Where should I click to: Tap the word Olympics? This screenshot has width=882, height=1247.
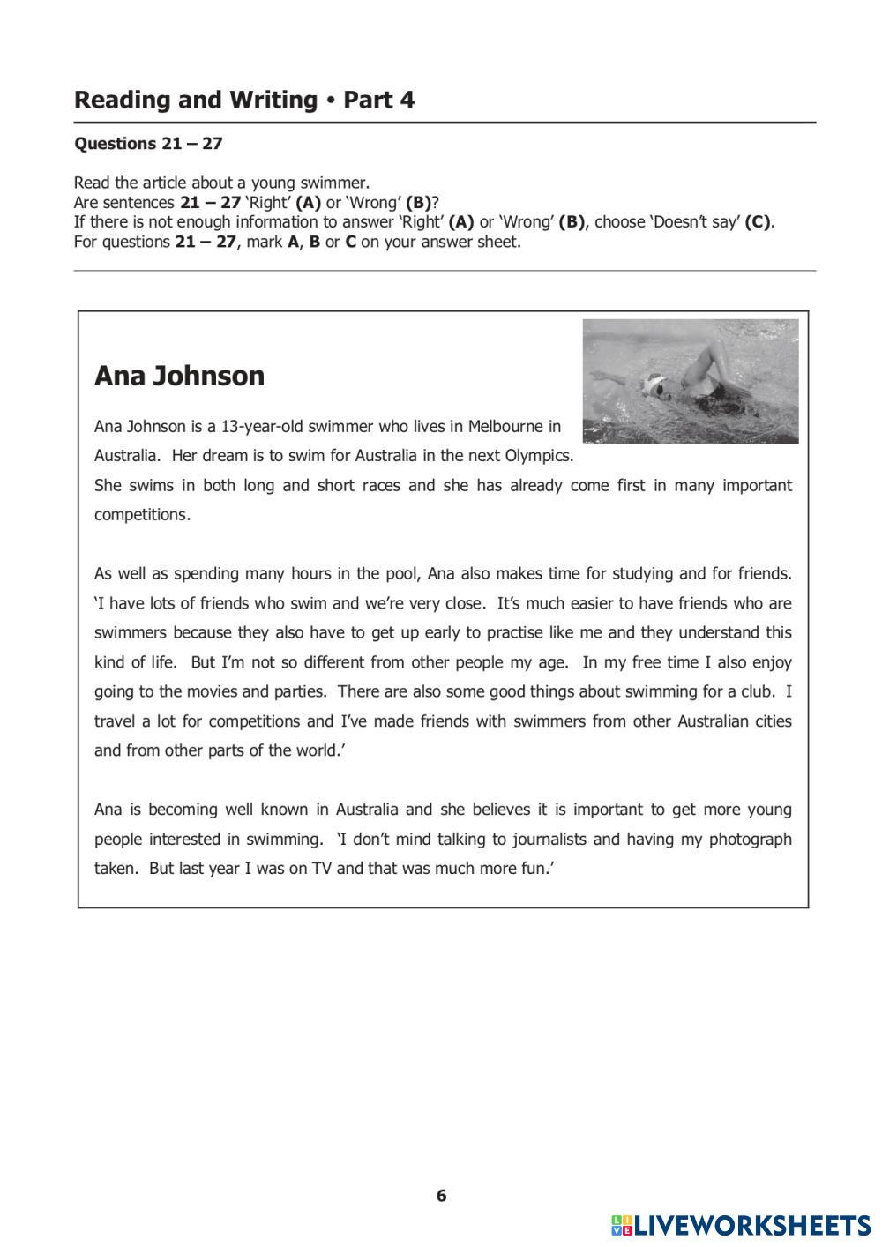click(x=538, y=456)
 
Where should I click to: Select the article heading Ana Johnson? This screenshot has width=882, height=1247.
click(x=179, y=376)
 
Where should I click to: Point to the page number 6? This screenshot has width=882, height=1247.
click(x=441, y=1196)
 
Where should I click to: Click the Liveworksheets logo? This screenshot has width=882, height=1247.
click(x=741, y=1224)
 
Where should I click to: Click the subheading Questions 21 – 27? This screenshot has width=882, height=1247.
click(x=148, y=144)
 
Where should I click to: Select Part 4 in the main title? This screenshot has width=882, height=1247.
click(x=378, y=101)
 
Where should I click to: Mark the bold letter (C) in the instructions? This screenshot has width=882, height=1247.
click(x=759, y=222)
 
